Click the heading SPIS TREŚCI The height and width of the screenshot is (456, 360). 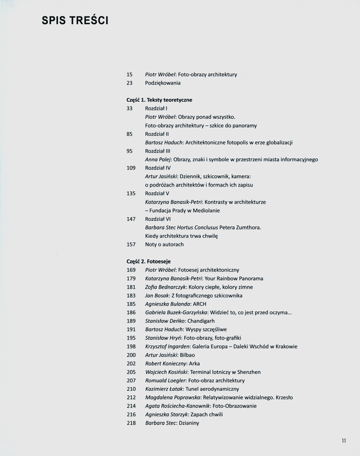pyautogui.click(x=75, y=21)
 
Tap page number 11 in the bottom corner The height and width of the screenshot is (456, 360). pyautogui.click(x=344, y=440)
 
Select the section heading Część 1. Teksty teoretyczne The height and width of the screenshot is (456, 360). pyautogui.click(x=159, y=100)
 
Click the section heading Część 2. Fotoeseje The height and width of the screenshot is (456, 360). pyautogui.click(x=148, y=261)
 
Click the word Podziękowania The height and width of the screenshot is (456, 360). pyautogui.click(x=163, y=83)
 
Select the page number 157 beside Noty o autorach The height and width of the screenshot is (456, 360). pyautogui.click(x=131, y=244)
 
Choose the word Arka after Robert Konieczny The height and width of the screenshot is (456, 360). pyautogui.click(x=194, y=363)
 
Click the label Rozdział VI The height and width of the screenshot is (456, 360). pyautogui.click(x=158, y=219)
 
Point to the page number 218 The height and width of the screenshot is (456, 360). pyautogui.click(x=131, y=423)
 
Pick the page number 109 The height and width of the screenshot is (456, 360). pyautogui.click(x=131, y=168)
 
